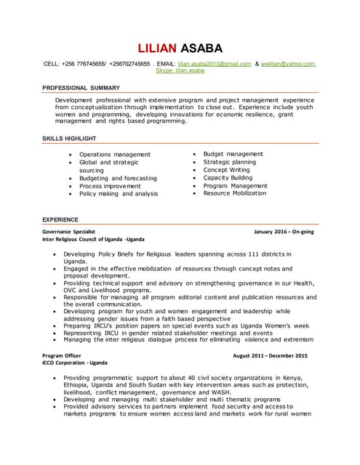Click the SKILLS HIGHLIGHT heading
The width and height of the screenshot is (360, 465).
70,137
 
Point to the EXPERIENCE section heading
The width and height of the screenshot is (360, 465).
60,219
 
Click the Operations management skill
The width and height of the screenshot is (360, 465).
114,155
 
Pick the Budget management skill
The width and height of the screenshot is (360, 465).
233,154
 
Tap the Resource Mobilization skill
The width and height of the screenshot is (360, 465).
234,193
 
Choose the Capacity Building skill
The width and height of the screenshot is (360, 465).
228,177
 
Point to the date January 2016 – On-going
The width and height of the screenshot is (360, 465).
284,231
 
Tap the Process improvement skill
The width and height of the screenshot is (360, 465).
110,186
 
